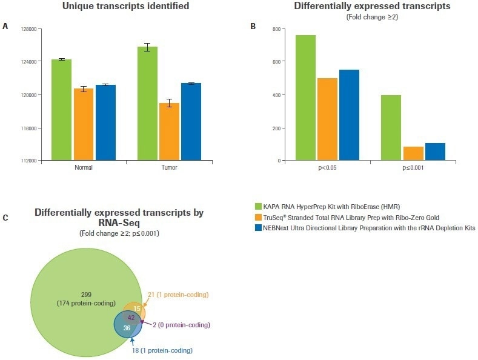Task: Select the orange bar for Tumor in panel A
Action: (x=169, y=132)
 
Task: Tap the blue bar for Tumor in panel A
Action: (x=191, y=122)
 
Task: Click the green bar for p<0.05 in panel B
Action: (x=305, y=98)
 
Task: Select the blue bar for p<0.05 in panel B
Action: (x=349, y=115)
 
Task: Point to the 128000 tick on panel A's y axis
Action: (x=29, y=28)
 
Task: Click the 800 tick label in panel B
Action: (x=275, y=29)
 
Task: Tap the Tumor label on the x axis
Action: (x=169, y=168)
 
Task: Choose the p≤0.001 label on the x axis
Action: (x=413, y=168)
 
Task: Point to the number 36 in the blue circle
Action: (x=127, y=327)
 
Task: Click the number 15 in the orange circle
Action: (x=138, y=308)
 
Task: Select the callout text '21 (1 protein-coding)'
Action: (x=178, y=295)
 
